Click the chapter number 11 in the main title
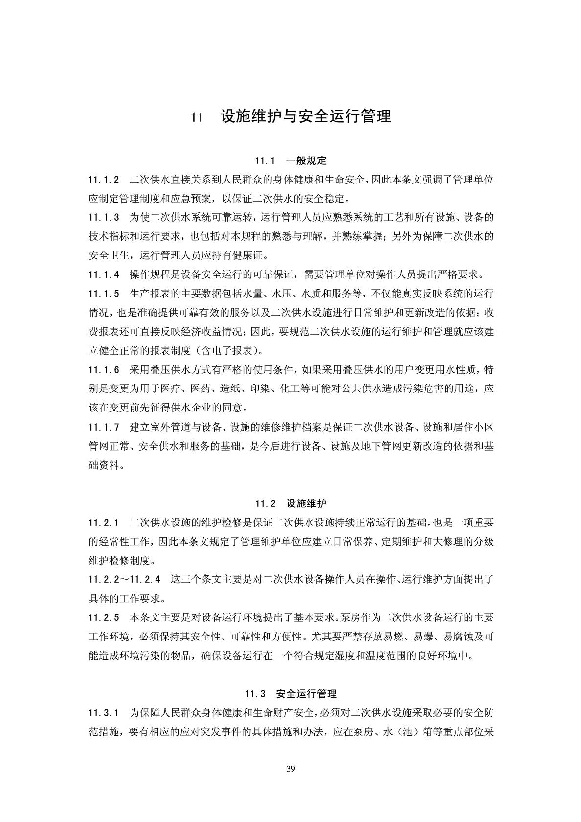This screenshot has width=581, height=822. pos(197,117)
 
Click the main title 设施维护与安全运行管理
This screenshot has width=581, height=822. pos(306,117)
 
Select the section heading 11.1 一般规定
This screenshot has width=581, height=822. pos(290,161)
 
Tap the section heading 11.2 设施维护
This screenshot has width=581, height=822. pos(290,503)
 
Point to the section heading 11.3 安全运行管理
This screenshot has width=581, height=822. pos(290,694)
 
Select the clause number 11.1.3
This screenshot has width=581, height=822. pos(104,218)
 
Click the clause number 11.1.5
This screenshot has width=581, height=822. pos(104,294)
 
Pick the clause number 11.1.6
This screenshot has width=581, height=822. pos(104,370)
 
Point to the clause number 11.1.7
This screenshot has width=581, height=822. pos(104,427)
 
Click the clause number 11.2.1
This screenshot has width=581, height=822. pos(104,523)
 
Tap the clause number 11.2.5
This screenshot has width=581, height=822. pos(104,617)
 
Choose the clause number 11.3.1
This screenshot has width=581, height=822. pos(104,713)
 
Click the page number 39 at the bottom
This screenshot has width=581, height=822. pos(290,769)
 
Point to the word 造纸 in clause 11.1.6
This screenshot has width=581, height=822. pos(229,389)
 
